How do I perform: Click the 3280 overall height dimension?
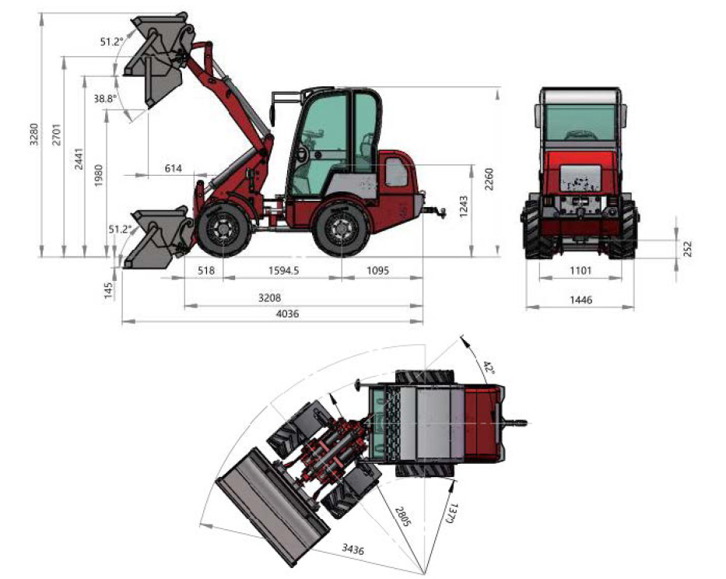(x=33, y=135)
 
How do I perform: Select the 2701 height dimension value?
(x=57, y=135)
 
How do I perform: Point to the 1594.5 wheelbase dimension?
(x=283, y=270)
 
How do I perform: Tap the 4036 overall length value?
(x=287, y=314)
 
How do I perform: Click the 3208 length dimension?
(x=269, y=297)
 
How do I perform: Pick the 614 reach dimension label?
(x=174, y=168)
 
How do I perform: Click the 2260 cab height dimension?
(x=489, y=179)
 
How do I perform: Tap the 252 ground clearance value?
(x=687, y=249)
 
